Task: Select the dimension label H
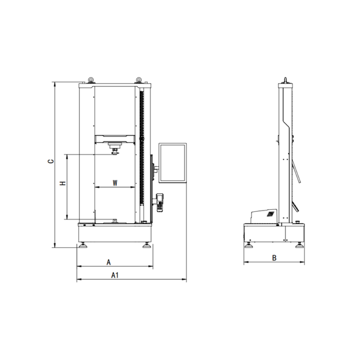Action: pos(63,183)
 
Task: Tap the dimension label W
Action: pos(115,183)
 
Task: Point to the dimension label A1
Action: pos(115,275)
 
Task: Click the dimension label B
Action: pos(274,258)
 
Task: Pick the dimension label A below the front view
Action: pos(109,262)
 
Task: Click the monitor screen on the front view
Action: pos(173,163)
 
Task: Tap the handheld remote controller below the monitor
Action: pos(160,203)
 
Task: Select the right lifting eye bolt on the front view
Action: pos(139,80)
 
